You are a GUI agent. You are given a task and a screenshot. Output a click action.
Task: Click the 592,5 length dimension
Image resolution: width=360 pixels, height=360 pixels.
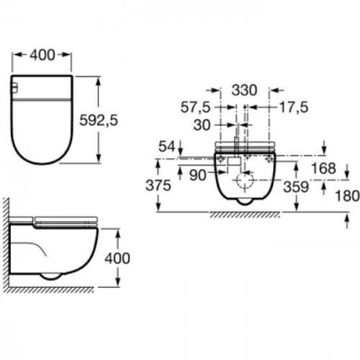(x=99, y=120)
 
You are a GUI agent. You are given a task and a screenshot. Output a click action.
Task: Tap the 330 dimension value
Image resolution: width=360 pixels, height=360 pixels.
(x=244, y=90)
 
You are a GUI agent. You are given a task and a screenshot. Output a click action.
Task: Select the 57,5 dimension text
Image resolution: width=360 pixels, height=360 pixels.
(x=195, y=107)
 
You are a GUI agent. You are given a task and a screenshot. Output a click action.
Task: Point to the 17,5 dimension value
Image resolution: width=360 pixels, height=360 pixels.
(x=294, y=107)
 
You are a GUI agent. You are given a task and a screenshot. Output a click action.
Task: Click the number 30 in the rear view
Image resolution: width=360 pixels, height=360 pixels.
(x=202, y=125)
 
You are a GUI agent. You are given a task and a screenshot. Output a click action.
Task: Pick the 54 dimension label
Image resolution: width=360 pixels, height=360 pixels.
(x=167, y=146)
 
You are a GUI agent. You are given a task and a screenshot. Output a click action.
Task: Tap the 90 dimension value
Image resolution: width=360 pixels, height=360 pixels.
(x=198, y=175)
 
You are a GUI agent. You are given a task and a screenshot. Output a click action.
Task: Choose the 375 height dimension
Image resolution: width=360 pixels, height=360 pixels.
(x=158, y=185)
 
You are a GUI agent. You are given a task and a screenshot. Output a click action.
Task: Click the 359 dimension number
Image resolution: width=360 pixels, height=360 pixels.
(x=296, y=186)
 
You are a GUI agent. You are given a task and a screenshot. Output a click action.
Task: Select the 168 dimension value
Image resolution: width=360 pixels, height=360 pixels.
(x=323, y=168)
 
